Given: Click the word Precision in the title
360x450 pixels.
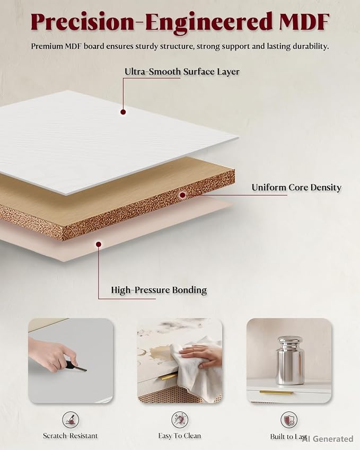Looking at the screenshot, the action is pos(82,22).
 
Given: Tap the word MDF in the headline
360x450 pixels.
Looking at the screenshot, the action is pos(304,22).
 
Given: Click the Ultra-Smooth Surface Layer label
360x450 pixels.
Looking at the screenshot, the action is pos(182,72).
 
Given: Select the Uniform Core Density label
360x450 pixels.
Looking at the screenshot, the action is pos(296,188).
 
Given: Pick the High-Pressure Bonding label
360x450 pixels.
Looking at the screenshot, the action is pos(159,290).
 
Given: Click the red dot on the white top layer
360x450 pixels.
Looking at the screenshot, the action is pos(123,112).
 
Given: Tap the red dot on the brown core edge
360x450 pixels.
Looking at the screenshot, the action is pos(182,195).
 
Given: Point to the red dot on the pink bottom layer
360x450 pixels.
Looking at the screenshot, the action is pos(99,244).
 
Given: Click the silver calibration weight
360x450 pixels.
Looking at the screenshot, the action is pos(289,360).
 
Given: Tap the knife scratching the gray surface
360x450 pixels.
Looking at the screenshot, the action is pos(75,366).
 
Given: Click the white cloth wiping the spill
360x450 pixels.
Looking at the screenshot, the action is pos(195,370).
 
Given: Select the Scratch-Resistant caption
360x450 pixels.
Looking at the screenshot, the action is pos(71,436).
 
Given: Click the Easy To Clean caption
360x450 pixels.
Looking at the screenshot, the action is pos(179,436).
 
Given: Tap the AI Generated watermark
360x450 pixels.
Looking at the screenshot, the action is pos(328,439).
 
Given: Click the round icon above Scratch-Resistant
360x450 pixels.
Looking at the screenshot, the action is pos(71,420).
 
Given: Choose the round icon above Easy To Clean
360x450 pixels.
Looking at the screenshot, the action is pos(180,420).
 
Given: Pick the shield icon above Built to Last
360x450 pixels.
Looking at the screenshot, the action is pos(289,420).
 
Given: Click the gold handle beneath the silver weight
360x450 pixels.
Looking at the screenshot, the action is pos(276,392).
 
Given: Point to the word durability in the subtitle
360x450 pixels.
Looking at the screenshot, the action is pos(311,46).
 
